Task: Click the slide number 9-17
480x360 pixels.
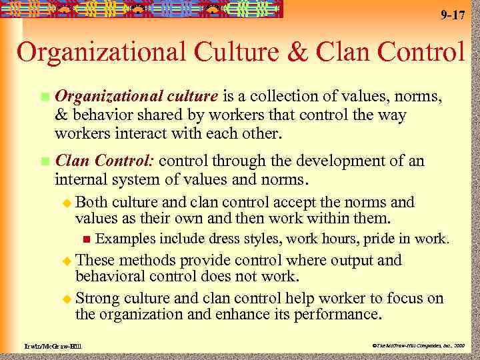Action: coord(453,15)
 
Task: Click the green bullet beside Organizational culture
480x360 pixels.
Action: coord(44,98)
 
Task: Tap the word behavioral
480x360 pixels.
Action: coord(114,276)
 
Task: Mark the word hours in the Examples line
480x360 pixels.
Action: coord(329,239)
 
